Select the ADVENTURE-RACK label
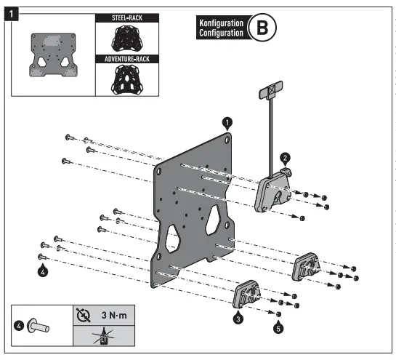pos(121,57)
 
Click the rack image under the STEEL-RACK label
pos(121,37)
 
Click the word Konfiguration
pos(221,23)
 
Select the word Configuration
pos(221,33)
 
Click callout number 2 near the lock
pos(286,158)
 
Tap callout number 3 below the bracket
pos(238,318)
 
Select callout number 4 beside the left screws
pos(44,271)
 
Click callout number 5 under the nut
pos(278,328)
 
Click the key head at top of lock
pos(267,91)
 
